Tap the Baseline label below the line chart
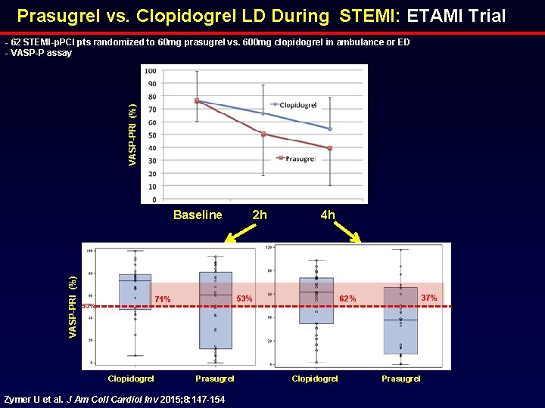click(198, 215)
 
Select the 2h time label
click(259, 215)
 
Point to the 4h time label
click(327, 215)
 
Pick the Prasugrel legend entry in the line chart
click(300, 159)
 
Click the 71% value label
click(162, 300)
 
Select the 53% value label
click(244, 299)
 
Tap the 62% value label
click(347, 299)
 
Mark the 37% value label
click(428, 298)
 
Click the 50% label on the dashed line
click(88, 306)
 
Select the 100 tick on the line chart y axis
click(151, 72)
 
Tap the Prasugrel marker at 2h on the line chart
click(263, 134)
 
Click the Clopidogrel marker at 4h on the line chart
click(330, 128)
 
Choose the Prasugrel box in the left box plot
click(215, 310)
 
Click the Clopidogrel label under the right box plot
click(315, 379)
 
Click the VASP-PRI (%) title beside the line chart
click(133, 135)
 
